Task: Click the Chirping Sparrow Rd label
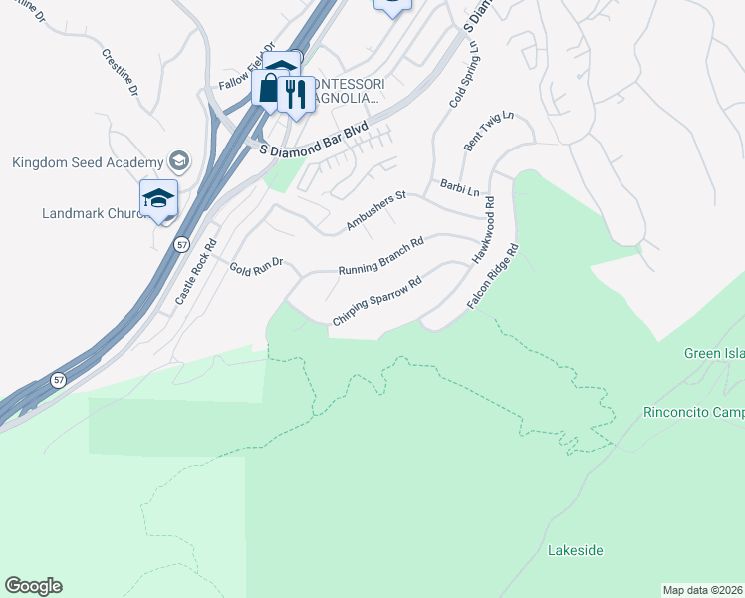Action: point(377,300)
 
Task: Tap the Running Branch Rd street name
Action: point(381,256)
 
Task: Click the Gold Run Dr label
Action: point(257,265)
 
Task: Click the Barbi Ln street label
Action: point(460,187)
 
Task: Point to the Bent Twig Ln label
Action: point(488,132)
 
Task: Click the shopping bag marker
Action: point(269,87)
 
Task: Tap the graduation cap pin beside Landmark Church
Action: point(158,199)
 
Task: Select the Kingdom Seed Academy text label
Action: point(88,162)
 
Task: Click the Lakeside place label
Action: point(576,550)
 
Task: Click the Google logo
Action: point(33,586)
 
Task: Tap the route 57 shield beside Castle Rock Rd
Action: point(181,244)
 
